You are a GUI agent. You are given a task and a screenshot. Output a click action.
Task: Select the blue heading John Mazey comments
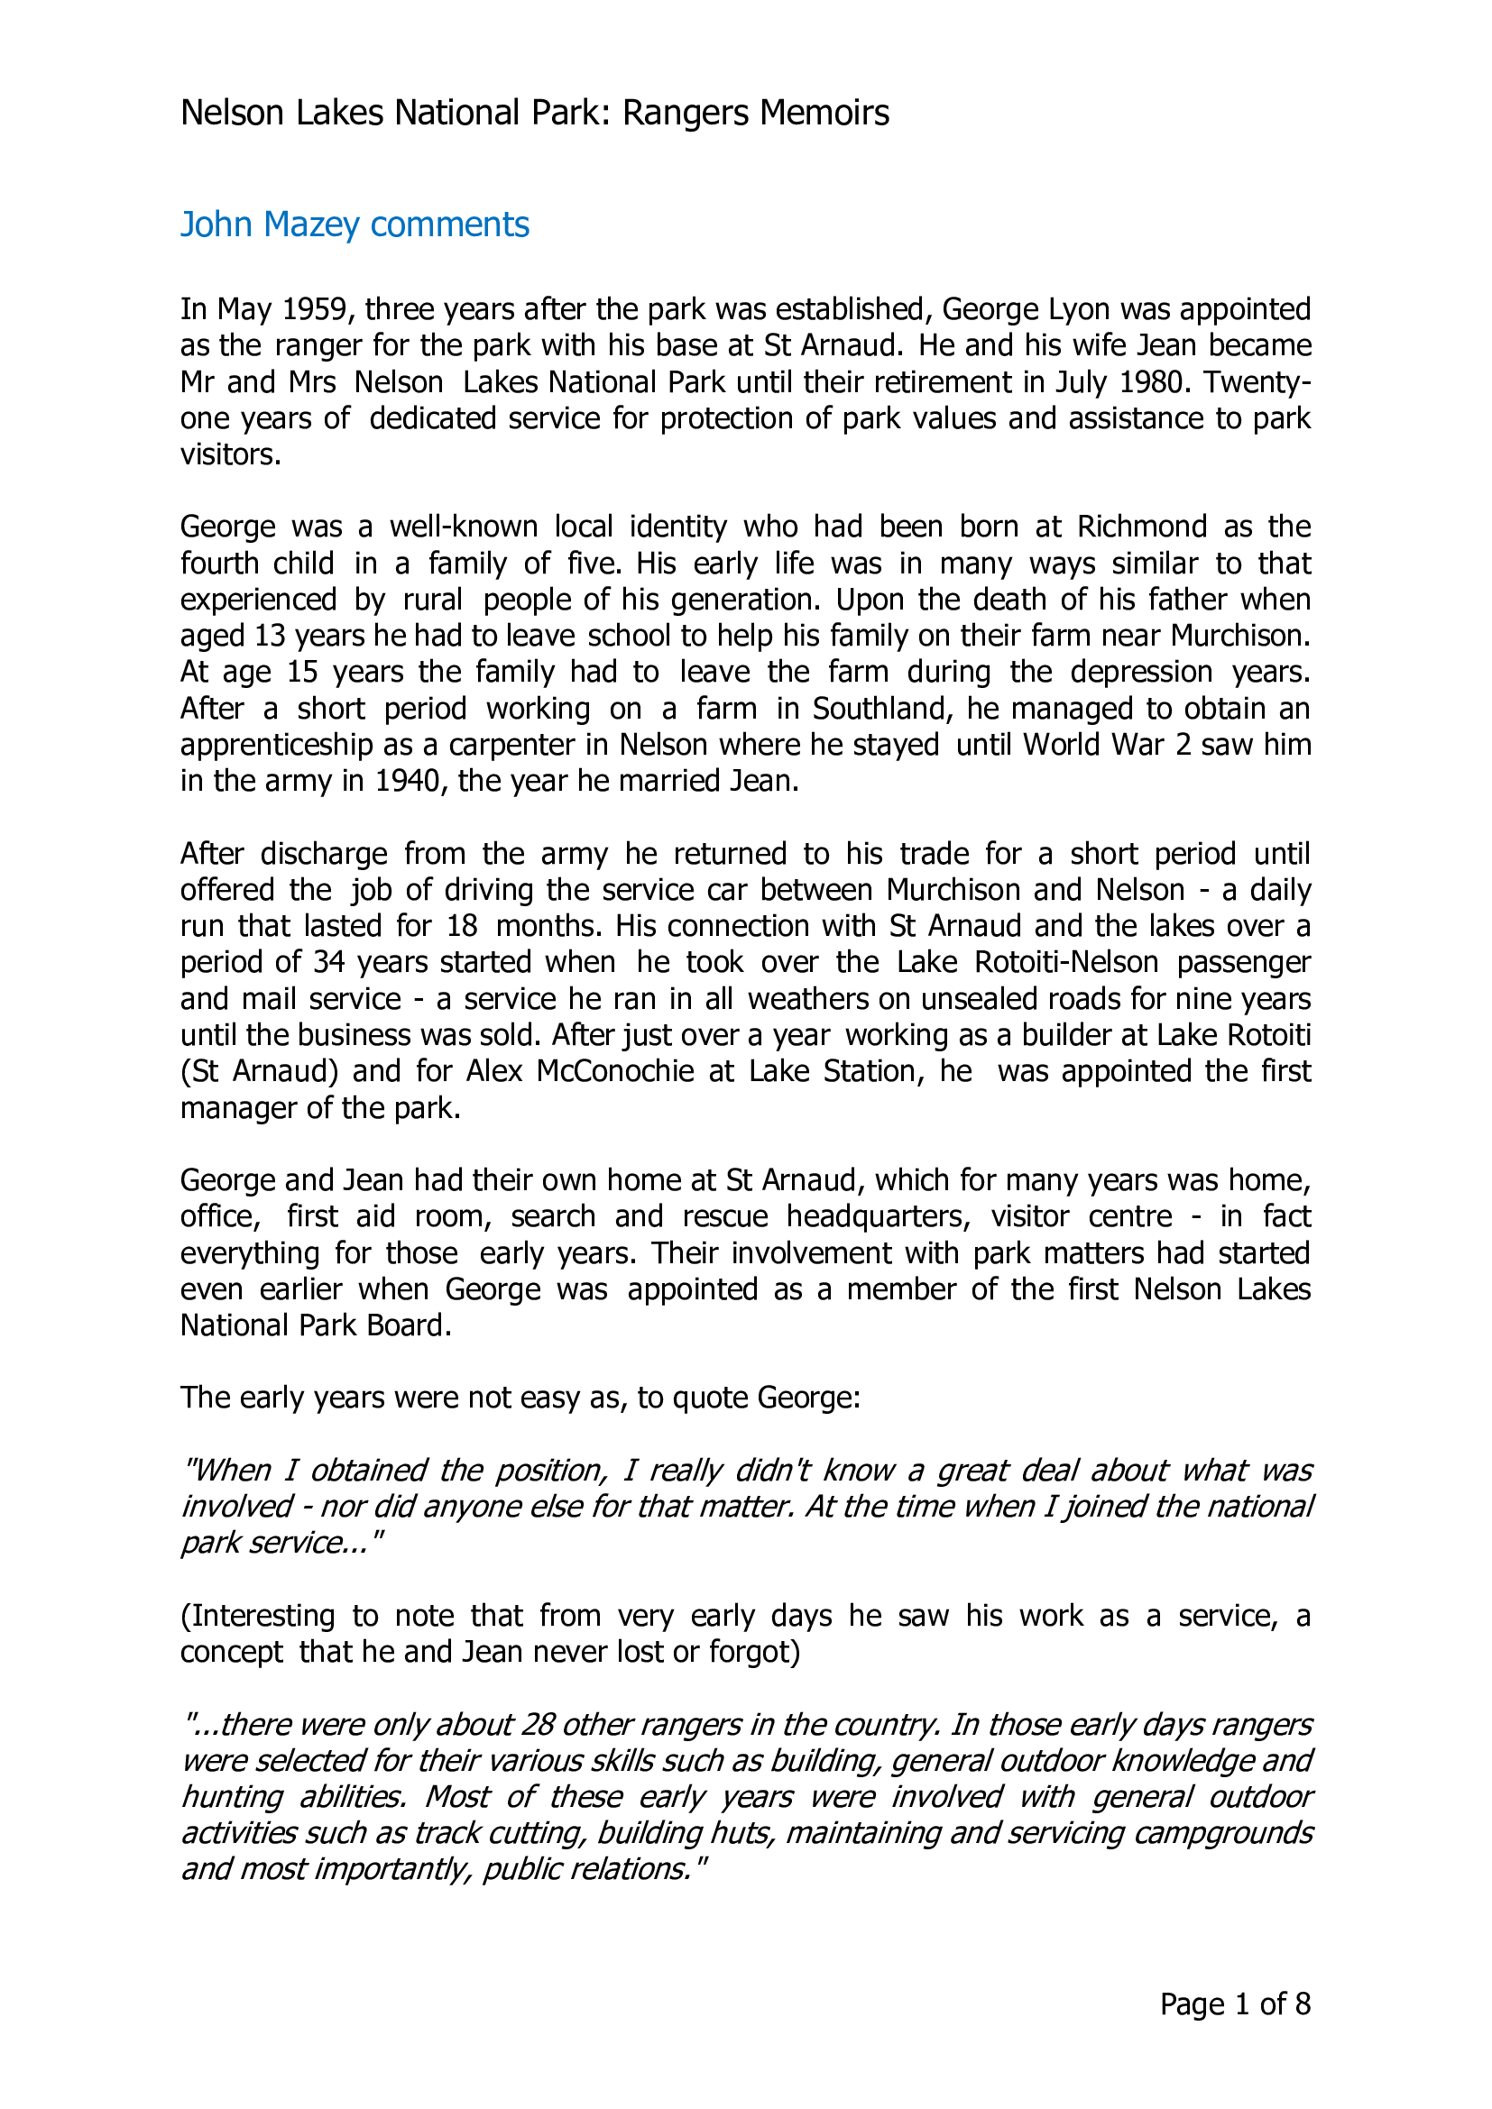(x=355, y=225)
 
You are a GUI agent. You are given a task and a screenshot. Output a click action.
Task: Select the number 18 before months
(x=462, y=926)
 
